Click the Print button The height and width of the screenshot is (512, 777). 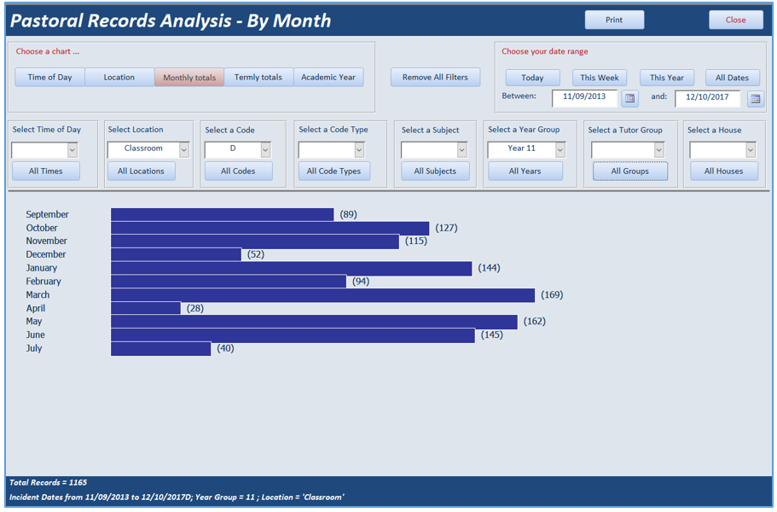pyautogui.click(x=614, y=20)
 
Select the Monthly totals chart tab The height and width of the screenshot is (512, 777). pyautogui.click(x=189, y=78)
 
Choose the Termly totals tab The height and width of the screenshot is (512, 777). pyautogui.click(x=258, y=78)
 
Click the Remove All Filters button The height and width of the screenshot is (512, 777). pyautogui.click(x=435, y=78)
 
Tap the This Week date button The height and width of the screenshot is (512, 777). pyautogui.click(x=599, y=78)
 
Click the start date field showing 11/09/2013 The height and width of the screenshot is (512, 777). pyautogui.click(x=584, y=97)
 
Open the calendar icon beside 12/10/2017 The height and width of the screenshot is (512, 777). pyautogui.click(x=755, y=99)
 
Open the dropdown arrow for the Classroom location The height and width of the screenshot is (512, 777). pyautogui.click(x=184, y=149)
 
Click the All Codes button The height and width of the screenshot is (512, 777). pyautogui.click(x=238, y=171)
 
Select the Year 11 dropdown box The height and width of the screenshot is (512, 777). pyautogui.click(x=526, y=149)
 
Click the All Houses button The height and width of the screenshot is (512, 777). pyautogui.click(x=723, y=171)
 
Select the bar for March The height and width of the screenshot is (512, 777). pyautogui.click(x=322, y=295)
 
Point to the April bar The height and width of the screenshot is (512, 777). pyautogui.click(x=146, y=308)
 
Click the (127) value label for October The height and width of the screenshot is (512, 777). pyautogui.click(x=446, y=228)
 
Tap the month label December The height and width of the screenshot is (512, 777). pyautogui.click(x=45, y=254)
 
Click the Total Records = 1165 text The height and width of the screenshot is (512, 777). pyautogui.click(x=48, y=482)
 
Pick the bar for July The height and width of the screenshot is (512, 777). pyautogui.click(x=160, y=348)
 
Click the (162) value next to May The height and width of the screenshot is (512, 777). pyautogui.click(x=535, y=321)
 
